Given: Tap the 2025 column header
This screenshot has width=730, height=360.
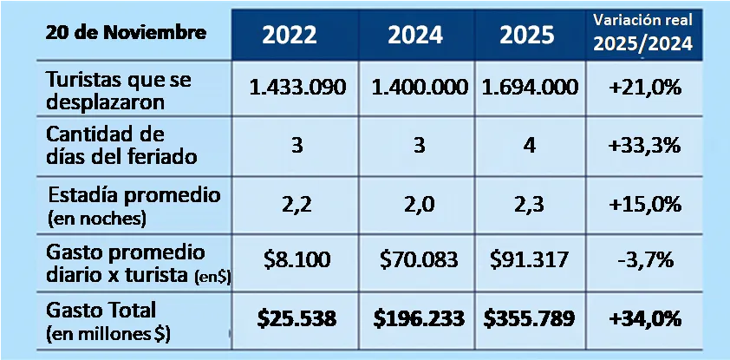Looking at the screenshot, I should [x=529, y=35].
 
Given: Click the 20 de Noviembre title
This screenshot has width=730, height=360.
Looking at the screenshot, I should [x=114, y=34].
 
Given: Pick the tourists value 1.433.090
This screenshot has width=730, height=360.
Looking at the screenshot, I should [x=297, y=88].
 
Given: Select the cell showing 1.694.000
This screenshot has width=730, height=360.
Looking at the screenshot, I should [x=529, y=88].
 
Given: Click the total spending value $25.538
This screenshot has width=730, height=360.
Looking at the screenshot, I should [x=297, y=318].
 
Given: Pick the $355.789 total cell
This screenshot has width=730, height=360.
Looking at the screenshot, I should [x=529, y=318].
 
